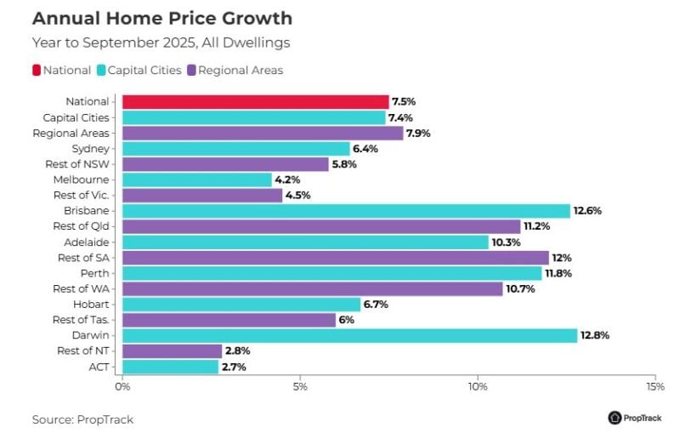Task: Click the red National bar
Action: (x=255, y=101)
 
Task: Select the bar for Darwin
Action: (x=349, y=335)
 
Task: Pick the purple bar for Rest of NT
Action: (x=173, y=351)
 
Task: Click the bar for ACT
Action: (x=171, y=367)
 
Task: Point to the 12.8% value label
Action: (x=595, y=335)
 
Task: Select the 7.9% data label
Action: (x=420, y=133)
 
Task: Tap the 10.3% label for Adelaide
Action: (x=506, y=242)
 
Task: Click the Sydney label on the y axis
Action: (x=90, y=148)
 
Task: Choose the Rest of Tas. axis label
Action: (x=81, y=320)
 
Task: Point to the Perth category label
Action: (x=93, y=273)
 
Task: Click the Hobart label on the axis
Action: (x=91, y=304)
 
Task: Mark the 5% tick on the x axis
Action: (x=300, y=387)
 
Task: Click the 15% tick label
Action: (x=654, y=387)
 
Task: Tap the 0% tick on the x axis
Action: (x=122, y=387)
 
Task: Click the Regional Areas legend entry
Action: (x=235, y=70)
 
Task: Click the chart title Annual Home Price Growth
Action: (x=161, y=18)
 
